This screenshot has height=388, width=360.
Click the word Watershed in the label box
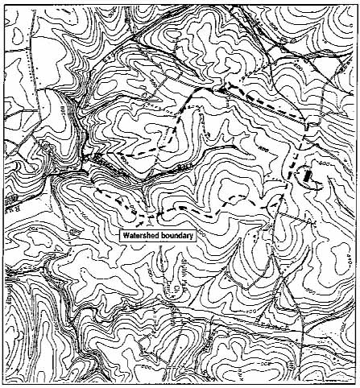(141, 236)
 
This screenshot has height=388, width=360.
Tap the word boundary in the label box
(176, 236)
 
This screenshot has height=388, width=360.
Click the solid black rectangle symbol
(306, 175)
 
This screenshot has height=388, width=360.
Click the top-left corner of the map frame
(2, 2)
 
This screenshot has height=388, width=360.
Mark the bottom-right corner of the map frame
(358, 385)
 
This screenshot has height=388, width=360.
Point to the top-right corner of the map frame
(358, 2)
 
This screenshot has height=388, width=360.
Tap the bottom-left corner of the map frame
(2, 385)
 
